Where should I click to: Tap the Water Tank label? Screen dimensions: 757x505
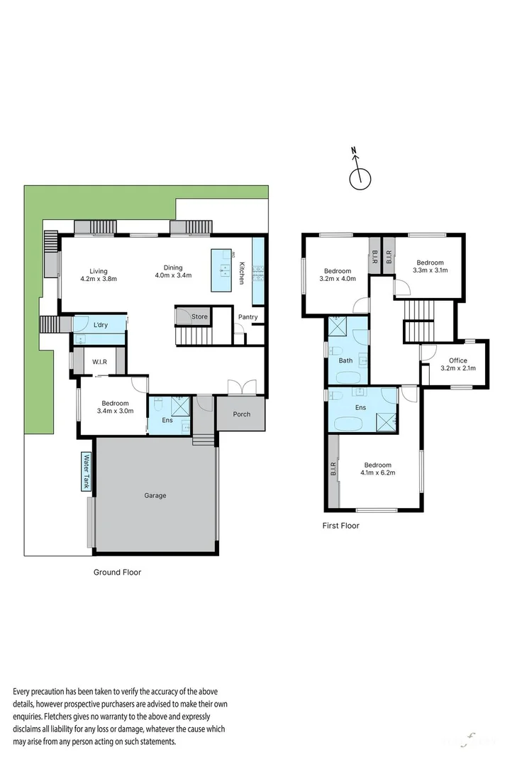[87, 472]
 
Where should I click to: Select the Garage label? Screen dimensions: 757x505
[155, 495]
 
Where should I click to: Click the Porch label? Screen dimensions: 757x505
[241, 414]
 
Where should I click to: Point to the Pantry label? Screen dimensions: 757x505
[248, 316]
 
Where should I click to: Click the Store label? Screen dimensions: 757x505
[199, 316]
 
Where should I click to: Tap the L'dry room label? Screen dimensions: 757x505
[101, 325]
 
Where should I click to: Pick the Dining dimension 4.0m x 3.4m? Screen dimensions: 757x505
[174, 276]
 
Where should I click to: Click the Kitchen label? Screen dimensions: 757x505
[242, 273]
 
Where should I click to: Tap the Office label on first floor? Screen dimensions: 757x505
[457, 360]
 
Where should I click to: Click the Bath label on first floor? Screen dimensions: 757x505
[345, 360]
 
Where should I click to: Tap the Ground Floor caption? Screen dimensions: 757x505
[118, 572]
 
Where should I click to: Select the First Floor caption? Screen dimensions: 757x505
[341, 526]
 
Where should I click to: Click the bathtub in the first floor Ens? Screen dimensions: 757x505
[348, 424]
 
